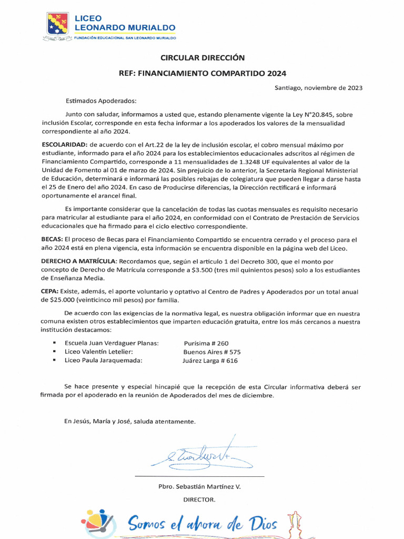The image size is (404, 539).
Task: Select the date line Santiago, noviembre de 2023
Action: tap(318, 88)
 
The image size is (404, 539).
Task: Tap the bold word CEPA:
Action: tap(50, 292)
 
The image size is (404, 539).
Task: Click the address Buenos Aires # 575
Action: tap(211, 352)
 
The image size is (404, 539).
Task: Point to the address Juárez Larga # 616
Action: tap(210, 361)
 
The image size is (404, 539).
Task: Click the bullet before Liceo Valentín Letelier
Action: tap(54, 352)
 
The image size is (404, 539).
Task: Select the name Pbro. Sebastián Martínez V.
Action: tap(199, 487)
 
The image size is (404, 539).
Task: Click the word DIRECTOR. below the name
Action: tap(199, 499)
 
